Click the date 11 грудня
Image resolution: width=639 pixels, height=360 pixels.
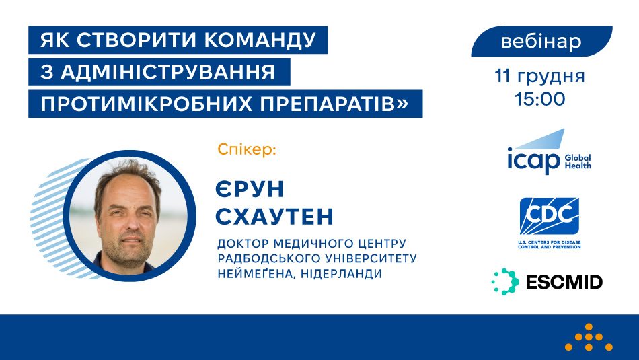[539, 75]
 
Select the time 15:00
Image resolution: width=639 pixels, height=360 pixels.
[539, 99]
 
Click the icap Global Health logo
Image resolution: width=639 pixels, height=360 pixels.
[548, 153]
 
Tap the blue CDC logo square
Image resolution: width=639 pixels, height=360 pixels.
[549, 216]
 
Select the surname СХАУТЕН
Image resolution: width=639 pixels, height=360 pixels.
[275, 217]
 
